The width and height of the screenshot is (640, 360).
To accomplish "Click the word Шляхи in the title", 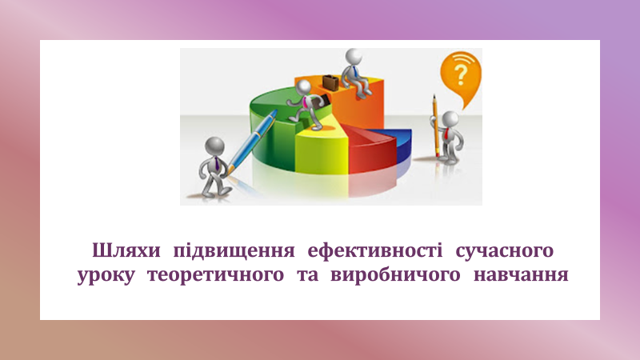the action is (126, 250).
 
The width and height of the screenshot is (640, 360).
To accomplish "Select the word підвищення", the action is (234, 250).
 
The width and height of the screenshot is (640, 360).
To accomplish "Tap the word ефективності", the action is (374, 250).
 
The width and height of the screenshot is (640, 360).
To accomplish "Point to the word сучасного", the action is (505, 250).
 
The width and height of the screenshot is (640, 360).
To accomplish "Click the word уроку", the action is (106, 275).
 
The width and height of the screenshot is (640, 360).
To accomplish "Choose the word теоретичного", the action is (215, 274).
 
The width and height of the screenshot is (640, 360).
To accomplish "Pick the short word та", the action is (308, 274).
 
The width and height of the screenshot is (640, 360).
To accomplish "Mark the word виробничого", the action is (395, 274).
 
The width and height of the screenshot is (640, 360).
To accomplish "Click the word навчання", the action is (521, 274).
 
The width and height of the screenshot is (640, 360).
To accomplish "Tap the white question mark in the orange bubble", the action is (461, 74).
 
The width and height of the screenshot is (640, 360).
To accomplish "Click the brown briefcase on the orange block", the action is (330, 82).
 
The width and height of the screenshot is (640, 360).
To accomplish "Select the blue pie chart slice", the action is (402, 144).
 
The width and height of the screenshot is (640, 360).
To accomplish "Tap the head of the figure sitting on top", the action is (353, 56).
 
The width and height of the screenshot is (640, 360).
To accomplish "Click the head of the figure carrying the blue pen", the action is (214, 146).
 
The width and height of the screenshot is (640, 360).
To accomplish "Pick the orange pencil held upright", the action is (436, 126).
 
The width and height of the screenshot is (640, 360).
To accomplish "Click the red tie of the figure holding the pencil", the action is (447, 134).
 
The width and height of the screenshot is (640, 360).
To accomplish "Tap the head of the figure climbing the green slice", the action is (303, 86).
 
